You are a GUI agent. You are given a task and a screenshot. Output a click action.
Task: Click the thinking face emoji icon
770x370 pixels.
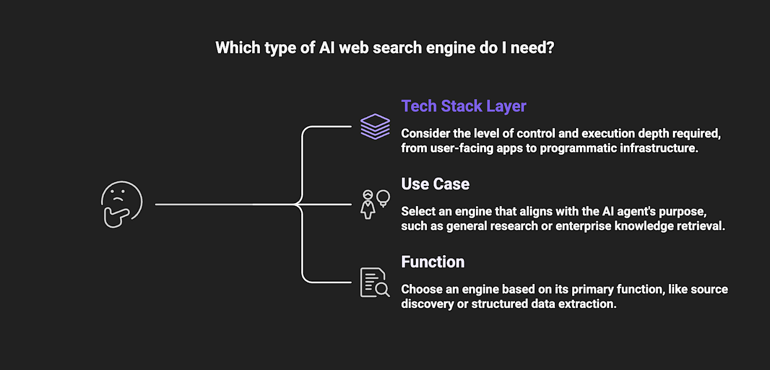122,204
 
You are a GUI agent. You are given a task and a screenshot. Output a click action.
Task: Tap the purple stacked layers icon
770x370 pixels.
375,126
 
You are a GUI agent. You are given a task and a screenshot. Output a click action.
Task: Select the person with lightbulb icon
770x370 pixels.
375,204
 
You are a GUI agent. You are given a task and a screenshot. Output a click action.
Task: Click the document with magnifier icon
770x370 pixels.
375,283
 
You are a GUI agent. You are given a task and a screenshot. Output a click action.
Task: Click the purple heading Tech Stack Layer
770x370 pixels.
463,106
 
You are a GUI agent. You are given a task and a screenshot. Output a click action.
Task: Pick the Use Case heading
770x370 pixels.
435,184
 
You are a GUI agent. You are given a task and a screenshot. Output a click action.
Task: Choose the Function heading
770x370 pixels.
433,262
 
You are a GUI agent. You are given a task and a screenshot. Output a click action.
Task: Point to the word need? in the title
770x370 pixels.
532,48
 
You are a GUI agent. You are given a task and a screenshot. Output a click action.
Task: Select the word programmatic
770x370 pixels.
577,148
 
